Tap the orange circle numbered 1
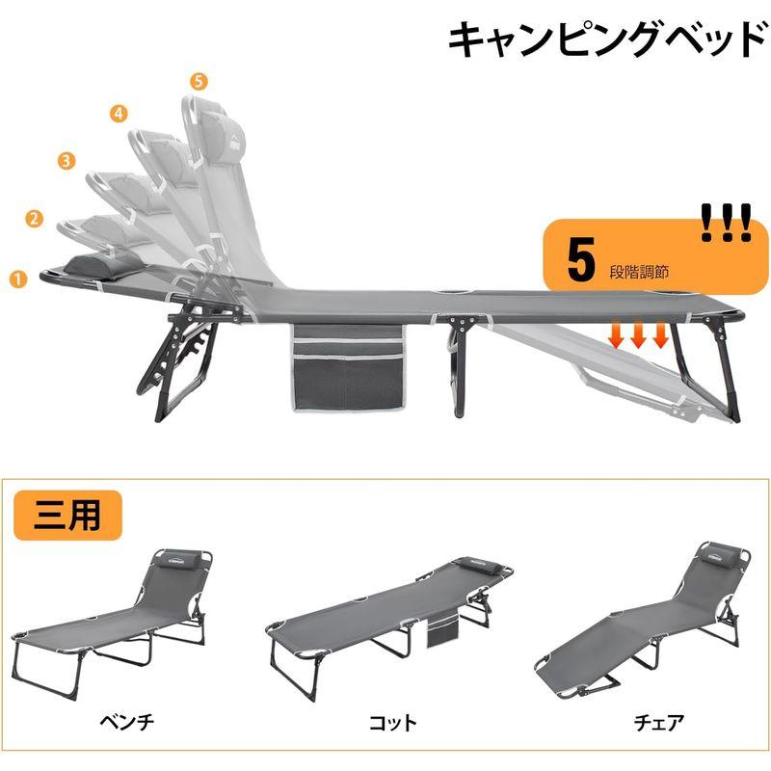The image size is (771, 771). [16, 279]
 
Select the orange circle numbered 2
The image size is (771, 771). [35, 219]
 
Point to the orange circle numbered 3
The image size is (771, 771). [66, 161]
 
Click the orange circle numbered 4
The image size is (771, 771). [120, 114]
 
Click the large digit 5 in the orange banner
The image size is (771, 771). [580, 260]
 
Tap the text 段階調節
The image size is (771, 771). [642, 272]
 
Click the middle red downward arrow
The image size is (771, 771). [638, 334]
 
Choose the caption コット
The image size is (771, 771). [392, 721]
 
